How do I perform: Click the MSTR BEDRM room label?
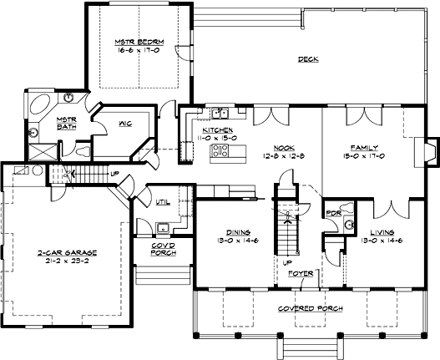(139, 42)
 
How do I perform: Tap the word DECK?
(308, 59)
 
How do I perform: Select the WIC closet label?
(125, 124)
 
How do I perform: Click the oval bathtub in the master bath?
(40, 104)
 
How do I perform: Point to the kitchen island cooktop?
(220, 150)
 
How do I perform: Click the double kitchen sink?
(220, 114)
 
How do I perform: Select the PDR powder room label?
(334, 213)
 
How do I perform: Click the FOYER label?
(301, 273)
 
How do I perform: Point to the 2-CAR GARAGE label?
(67, 253)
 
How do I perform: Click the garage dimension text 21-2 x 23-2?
(67, 261)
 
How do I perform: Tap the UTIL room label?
(163, 202)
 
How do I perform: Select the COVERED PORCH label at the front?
(311, 308)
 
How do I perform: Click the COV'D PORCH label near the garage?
(164, 249)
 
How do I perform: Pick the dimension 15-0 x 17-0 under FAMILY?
(364, 156)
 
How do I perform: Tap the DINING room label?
(238, 232)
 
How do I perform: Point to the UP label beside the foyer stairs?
(287, 263)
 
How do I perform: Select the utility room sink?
(163, 228)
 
